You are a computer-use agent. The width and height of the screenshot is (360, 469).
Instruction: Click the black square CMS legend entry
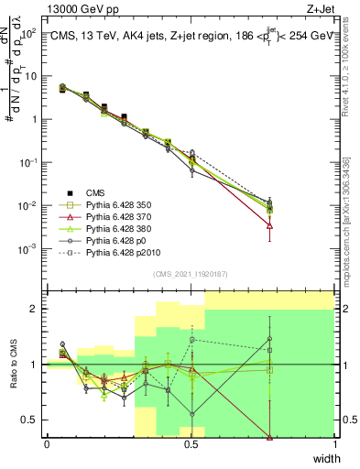(x=97, y=192)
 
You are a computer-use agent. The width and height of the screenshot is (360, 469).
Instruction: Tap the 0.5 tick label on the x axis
(x=191, y=443)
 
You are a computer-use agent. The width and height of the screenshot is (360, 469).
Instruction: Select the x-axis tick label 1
(x=334, y=443)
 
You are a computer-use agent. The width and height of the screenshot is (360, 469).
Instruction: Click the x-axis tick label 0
(x=48, y=443)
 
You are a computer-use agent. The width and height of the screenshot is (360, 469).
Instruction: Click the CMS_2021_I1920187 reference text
(x=190, y=274)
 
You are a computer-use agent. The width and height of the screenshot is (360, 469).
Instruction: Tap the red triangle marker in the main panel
(x=269, y=225)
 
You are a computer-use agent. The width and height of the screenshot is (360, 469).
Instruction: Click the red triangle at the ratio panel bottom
(x=269, y=435)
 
